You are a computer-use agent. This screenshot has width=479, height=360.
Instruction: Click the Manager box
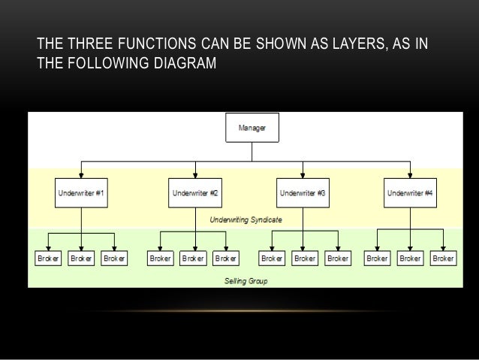point(252,128)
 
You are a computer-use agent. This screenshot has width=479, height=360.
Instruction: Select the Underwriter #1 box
point(81,192)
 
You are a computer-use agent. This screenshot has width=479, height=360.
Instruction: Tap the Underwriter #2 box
point(195,192)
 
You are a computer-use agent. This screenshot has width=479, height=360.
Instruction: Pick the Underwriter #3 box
point(302,192)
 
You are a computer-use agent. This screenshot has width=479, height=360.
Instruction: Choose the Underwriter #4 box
point(410,192)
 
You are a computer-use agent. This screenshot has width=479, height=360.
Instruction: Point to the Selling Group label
point(246,281)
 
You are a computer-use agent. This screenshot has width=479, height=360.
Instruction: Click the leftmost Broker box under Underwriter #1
point(48,258)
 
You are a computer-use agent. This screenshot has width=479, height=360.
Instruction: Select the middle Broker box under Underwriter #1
point(81,258)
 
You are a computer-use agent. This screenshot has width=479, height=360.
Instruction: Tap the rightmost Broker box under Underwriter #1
point(114,258)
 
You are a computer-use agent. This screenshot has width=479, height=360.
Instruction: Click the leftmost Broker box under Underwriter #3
point(272,258)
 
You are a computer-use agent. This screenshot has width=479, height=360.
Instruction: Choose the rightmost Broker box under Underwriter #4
point(443,258)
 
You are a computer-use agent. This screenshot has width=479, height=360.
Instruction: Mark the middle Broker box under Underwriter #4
point(410,258)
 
